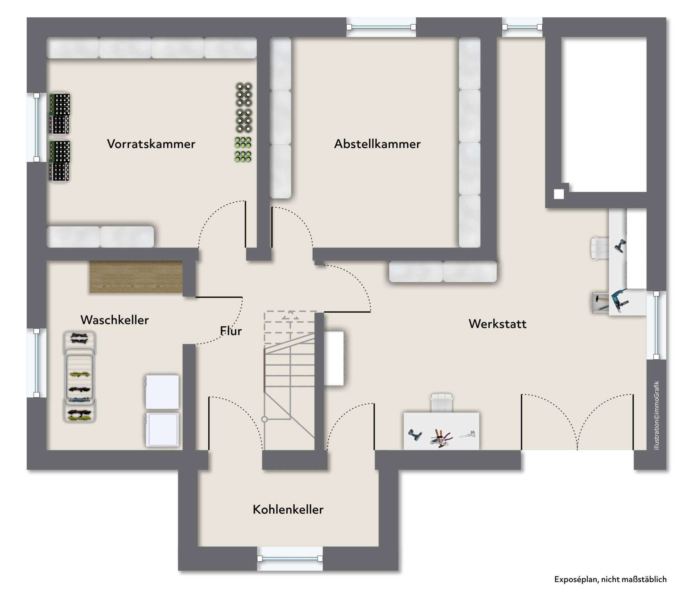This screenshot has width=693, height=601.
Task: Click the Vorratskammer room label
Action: pos(151,144)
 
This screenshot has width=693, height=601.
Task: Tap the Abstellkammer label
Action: pos(377,144)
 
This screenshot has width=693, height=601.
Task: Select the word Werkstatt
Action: pos(497,324)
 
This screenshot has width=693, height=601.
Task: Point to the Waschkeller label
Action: pos(114,320)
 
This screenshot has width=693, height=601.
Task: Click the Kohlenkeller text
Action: pos(288,509)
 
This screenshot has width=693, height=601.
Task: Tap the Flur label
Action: pos(231,331)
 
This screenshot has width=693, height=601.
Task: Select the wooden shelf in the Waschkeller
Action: pos(136,277)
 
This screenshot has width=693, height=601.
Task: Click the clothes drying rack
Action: pos(79,377)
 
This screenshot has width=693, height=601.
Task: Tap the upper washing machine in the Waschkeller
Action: pos(162,392)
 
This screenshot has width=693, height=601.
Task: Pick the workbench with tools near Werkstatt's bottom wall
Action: pos(441,431)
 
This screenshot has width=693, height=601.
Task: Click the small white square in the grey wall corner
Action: pos(558,194)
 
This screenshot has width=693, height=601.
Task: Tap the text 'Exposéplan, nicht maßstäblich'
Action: pos(610,579)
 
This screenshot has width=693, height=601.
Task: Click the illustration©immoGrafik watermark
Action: pos(656,416)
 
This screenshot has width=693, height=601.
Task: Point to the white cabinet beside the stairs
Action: pos(334,358)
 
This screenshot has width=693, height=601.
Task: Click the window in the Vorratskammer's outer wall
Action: pos(36,127)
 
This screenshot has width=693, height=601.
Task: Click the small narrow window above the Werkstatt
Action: pos(522,27)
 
